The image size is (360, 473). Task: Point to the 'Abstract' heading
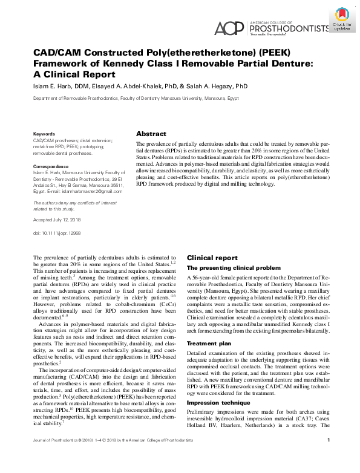pos(151,133)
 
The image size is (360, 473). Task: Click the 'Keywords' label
pos(45,132)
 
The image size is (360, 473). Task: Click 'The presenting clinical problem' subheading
pos(234,267)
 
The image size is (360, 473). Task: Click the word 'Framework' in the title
pos(64,63)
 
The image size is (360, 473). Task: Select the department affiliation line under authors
pos(137,97)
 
